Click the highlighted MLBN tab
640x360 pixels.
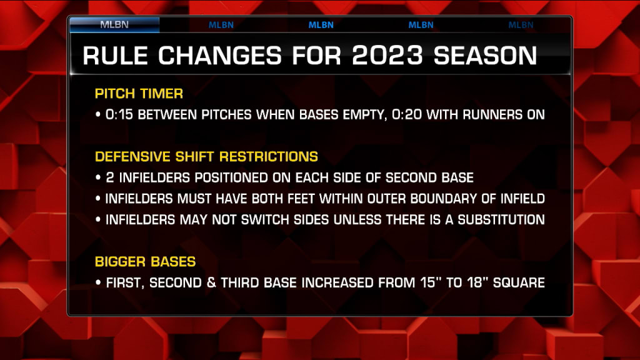[114, 24]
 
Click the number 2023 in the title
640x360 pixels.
[387, 56]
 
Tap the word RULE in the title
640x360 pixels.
[116, 56]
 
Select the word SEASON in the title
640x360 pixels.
[485, 56]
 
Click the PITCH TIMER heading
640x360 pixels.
[139, 94]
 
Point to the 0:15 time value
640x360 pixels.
[119, 115]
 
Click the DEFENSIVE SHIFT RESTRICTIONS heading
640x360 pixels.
[206, 157]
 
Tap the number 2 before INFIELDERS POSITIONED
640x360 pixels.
[110, 177]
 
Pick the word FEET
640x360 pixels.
[301, 199]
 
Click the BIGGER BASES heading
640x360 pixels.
[145, 262]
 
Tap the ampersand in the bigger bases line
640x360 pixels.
[211, 283]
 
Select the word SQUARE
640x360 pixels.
[519, 283]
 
